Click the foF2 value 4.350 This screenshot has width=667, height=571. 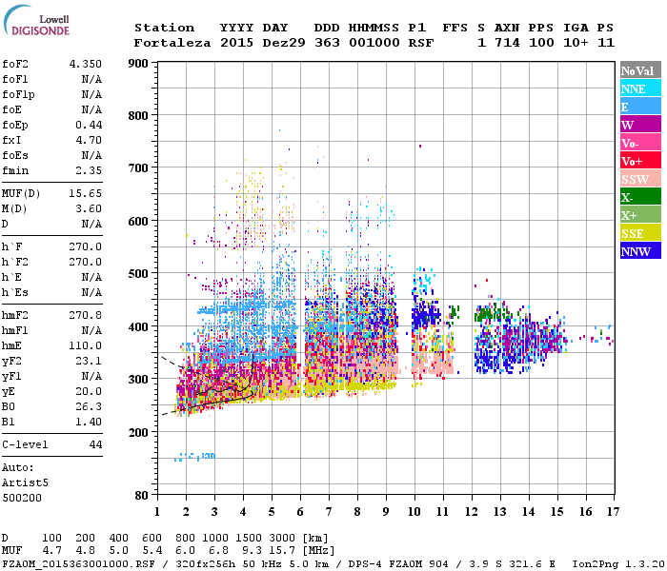click(85, 64)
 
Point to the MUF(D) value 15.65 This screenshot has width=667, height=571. click(85, 194)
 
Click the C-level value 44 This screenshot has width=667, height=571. click(95, 443)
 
